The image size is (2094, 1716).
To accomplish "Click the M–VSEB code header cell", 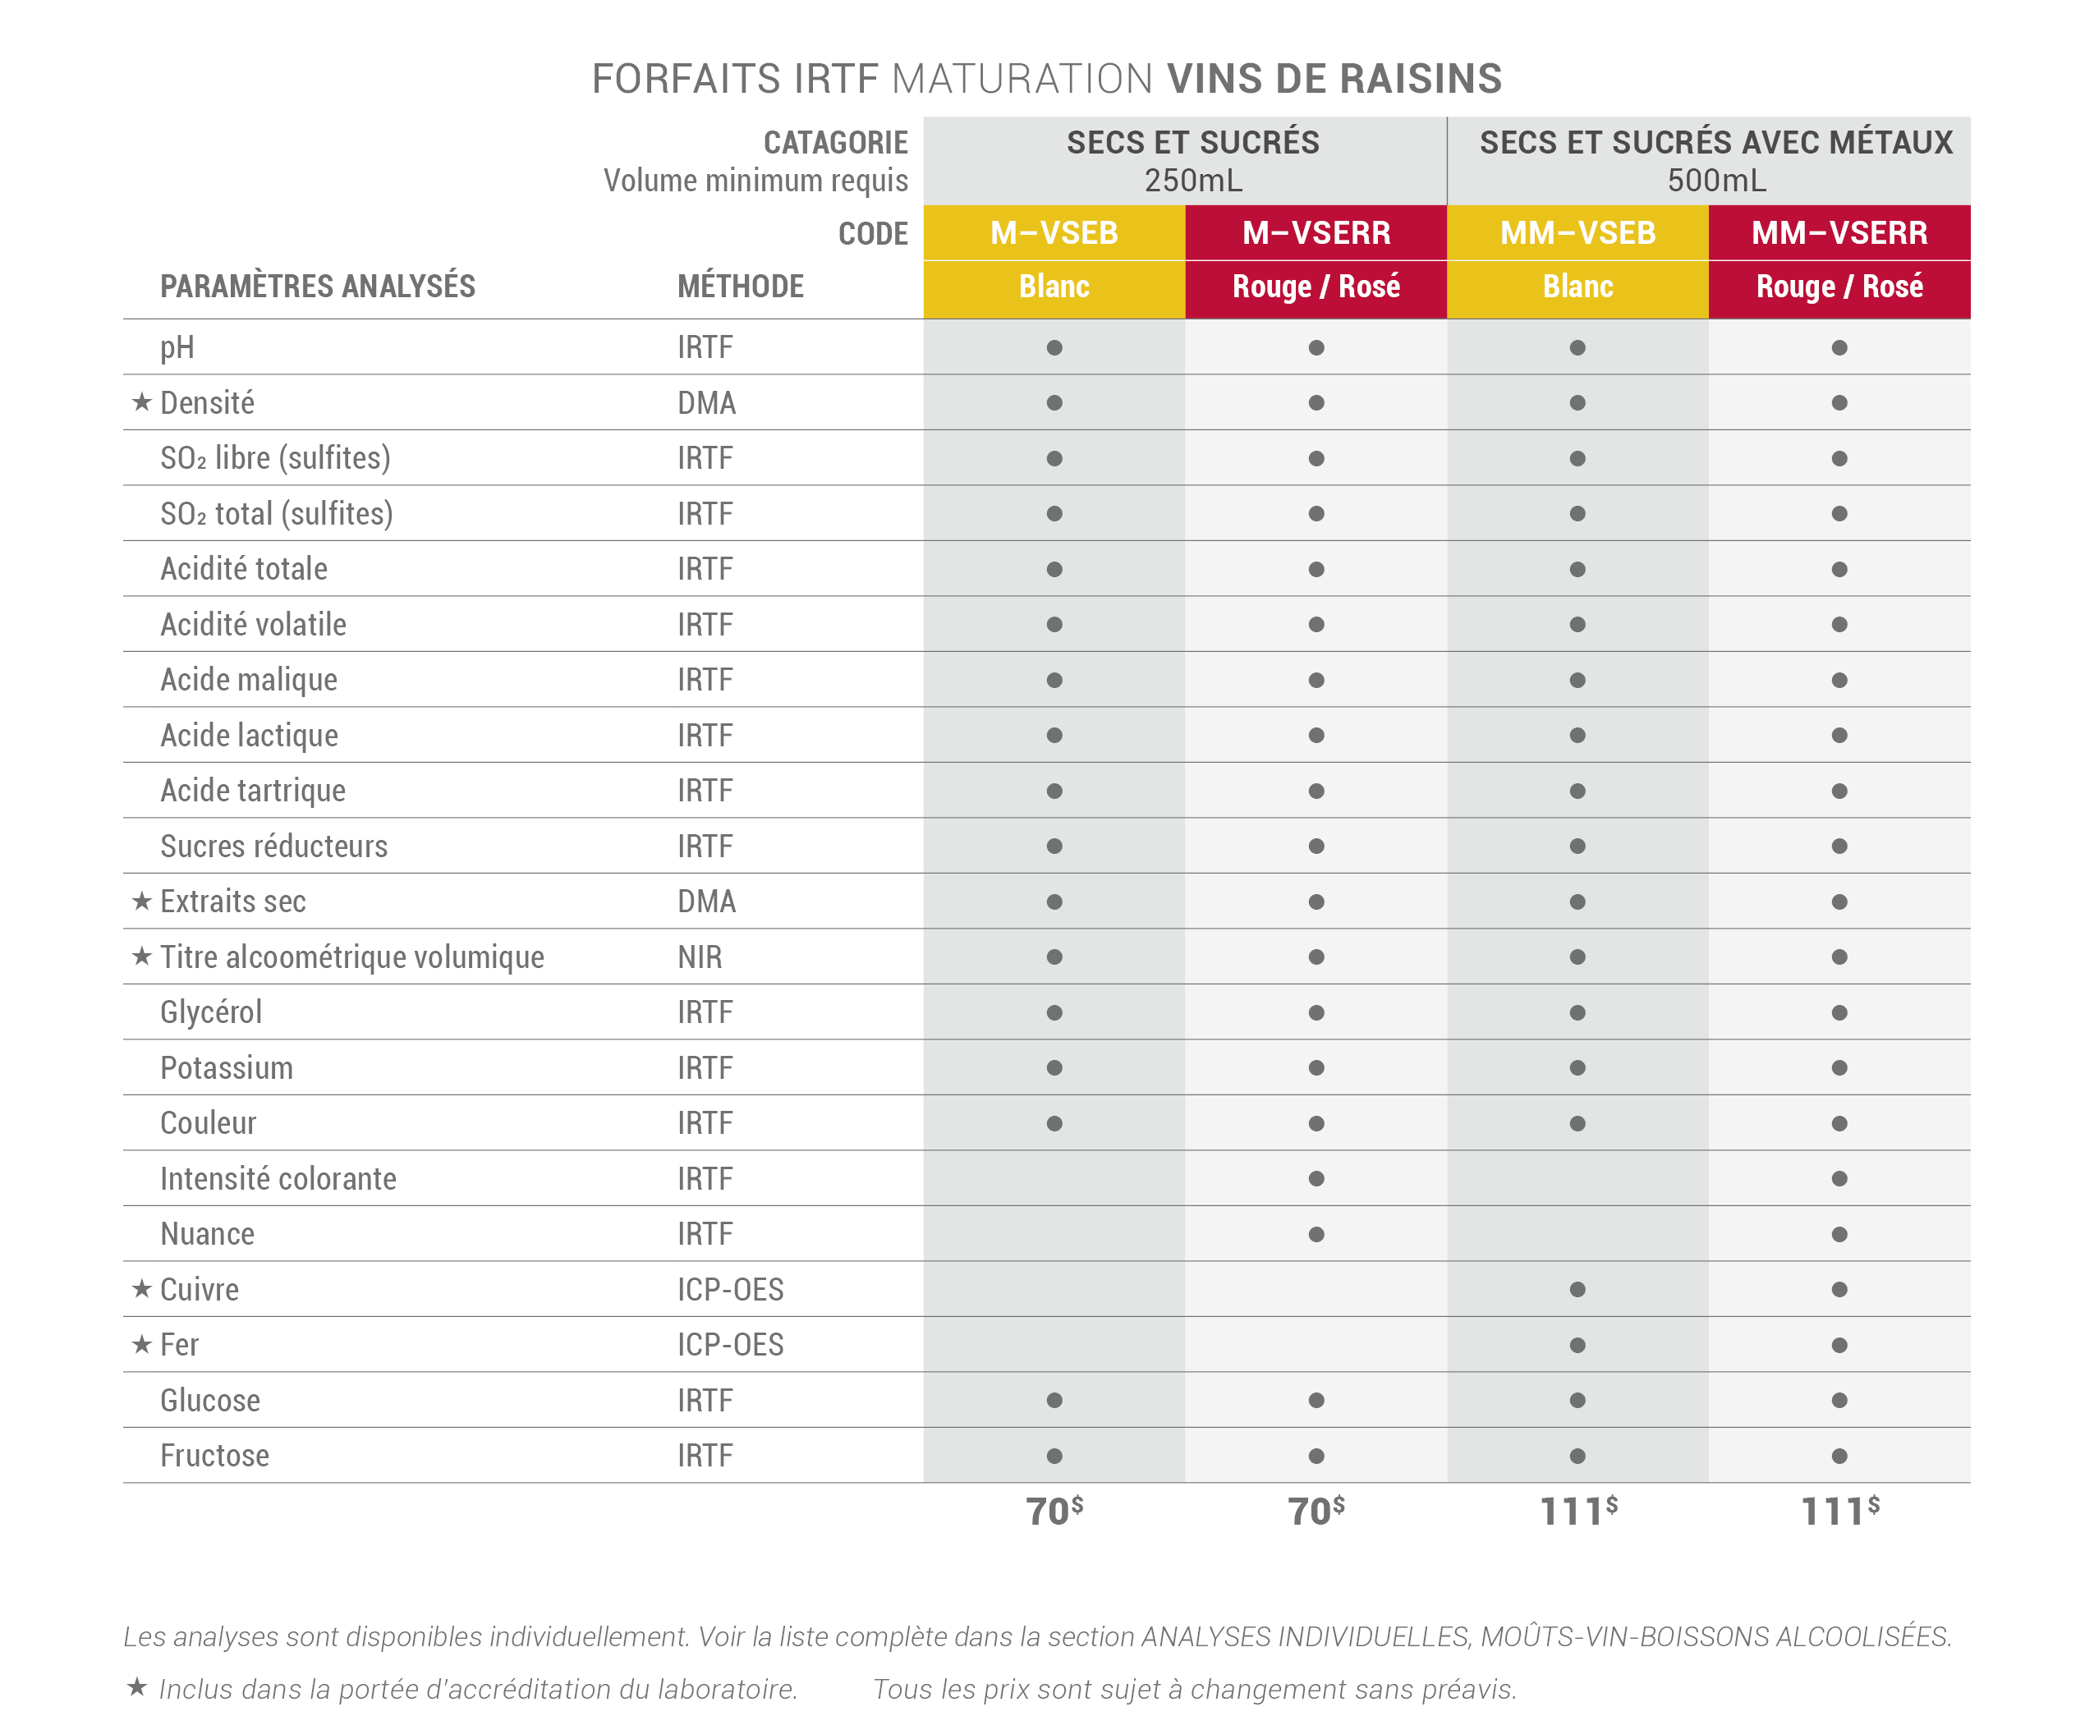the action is click(1054, 233).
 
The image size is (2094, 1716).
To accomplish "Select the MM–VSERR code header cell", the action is click(1839, 233).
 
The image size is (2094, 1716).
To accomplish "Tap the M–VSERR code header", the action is click(1316, 233).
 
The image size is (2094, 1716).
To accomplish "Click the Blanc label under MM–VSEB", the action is click(1578, 287).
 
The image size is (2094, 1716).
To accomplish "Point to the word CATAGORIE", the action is click(835, 142).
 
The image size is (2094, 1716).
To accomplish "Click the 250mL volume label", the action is click(1193, 181).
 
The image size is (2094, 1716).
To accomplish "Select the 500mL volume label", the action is click(1716, 181).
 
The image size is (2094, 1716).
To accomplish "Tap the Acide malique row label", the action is click(249, 680).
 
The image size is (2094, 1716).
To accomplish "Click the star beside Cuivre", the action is click(141, 1288).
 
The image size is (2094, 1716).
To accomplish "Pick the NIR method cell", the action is click(700, 957).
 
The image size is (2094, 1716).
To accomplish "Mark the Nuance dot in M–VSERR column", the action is click(1316, 1233).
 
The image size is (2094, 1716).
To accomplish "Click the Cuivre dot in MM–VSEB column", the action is click(1578, 1289).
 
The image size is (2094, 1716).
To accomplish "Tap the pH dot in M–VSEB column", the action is click(1054, 348).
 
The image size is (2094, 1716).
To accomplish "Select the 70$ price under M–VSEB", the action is click(1054, 1511).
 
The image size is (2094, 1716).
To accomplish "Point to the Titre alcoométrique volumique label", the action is click(352, 957).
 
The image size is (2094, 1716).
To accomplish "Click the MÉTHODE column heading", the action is click(741, 287).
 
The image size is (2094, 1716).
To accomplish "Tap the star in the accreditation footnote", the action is click(137, 1686).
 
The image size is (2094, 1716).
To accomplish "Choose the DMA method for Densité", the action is click(707, 403).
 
